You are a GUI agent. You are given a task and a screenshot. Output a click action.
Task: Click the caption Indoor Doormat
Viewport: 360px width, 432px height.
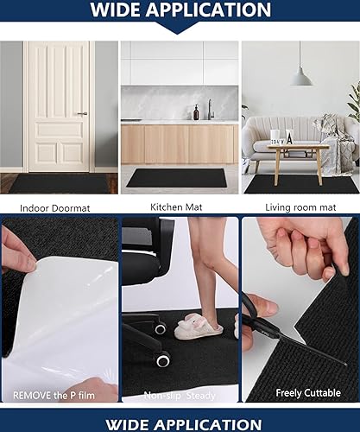(59, 207)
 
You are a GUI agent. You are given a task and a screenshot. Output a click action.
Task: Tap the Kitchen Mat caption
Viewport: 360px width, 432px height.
(179, 206)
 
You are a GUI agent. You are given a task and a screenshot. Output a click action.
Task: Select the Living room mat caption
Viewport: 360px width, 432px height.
(300, 207)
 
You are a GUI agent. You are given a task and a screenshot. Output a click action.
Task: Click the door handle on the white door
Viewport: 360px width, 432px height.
(81, 113)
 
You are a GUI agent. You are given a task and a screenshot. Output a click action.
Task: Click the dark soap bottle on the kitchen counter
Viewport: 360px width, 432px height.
(195, 112)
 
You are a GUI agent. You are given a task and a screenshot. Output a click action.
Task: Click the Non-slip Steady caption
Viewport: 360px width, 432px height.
(180, 393)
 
